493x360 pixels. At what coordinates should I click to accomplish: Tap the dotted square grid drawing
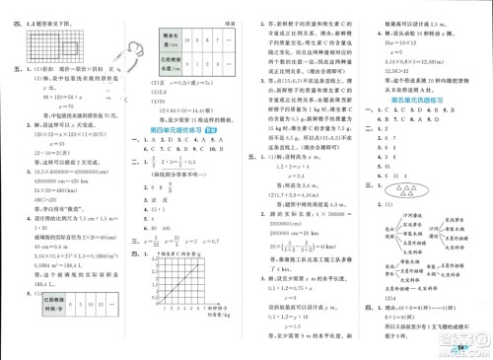tap(45, 45)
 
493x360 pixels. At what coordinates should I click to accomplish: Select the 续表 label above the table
tap(228, 12)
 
